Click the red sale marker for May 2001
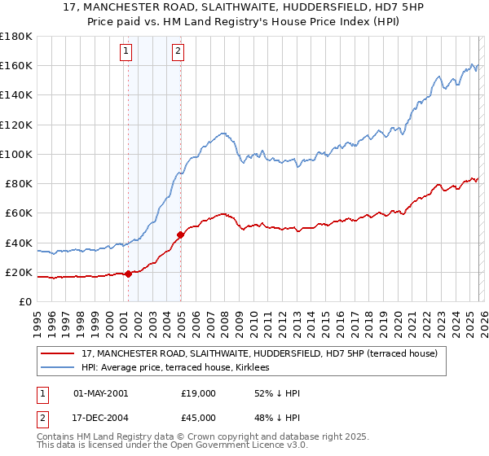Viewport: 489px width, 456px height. pos(128,274)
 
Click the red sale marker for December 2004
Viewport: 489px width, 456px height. pos(180,235)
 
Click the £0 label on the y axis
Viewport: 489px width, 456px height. pos(25,301)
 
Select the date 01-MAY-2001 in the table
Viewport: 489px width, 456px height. pos(100,393)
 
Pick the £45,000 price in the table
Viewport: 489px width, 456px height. pos(198,419)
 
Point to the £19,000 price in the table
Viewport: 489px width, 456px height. pos(198,393)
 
